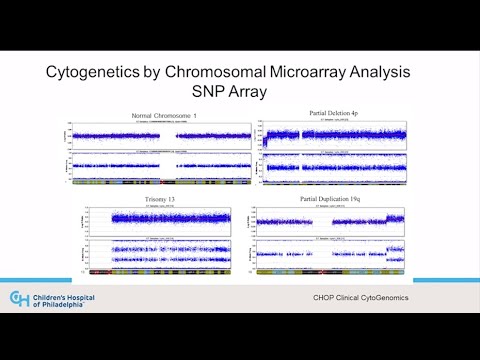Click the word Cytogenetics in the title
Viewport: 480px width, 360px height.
(x=97, y=74)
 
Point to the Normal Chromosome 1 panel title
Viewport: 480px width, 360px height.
(x=167, y=118)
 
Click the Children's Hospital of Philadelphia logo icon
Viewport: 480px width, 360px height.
(x=19, y=299)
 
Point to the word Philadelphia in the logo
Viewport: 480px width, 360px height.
(x=67, y=305)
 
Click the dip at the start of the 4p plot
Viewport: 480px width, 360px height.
(x=266, y=141)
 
